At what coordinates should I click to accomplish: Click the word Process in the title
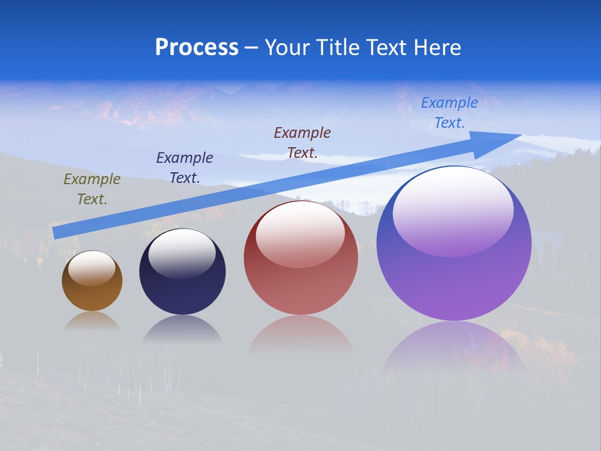197,48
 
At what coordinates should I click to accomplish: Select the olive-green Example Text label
91,189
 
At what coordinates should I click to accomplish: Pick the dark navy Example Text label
184,168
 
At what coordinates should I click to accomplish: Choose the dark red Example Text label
302,142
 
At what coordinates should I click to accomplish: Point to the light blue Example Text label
449,113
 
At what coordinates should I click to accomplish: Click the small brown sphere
92,288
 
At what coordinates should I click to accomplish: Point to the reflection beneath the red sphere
300,332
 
